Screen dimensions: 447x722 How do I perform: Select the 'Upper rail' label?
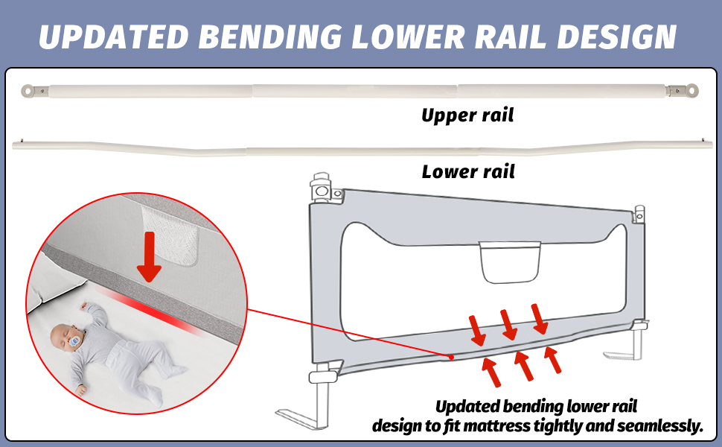coord(467,115)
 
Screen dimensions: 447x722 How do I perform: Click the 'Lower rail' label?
coord(468,172)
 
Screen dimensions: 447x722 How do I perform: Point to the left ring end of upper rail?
coord(28,90)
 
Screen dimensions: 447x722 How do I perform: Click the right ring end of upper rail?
coord(692,91)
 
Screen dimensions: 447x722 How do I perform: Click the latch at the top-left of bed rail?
coord(322,187)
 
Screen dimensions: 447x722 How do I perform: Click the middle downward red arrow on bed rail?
coord(509,325)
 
